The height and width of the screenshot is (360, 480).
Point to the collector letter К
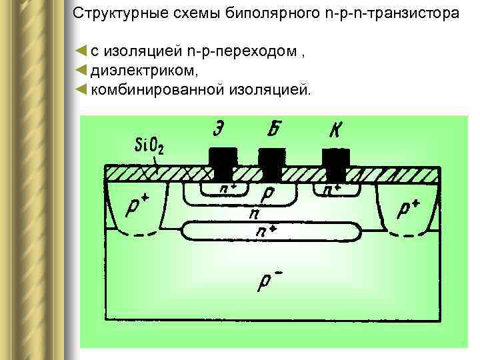point(334,130)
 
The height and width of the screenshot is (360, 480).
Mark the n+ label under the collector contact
point(331,189)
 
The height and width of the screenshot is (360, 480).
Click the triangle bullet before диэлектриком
point(81,70)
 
